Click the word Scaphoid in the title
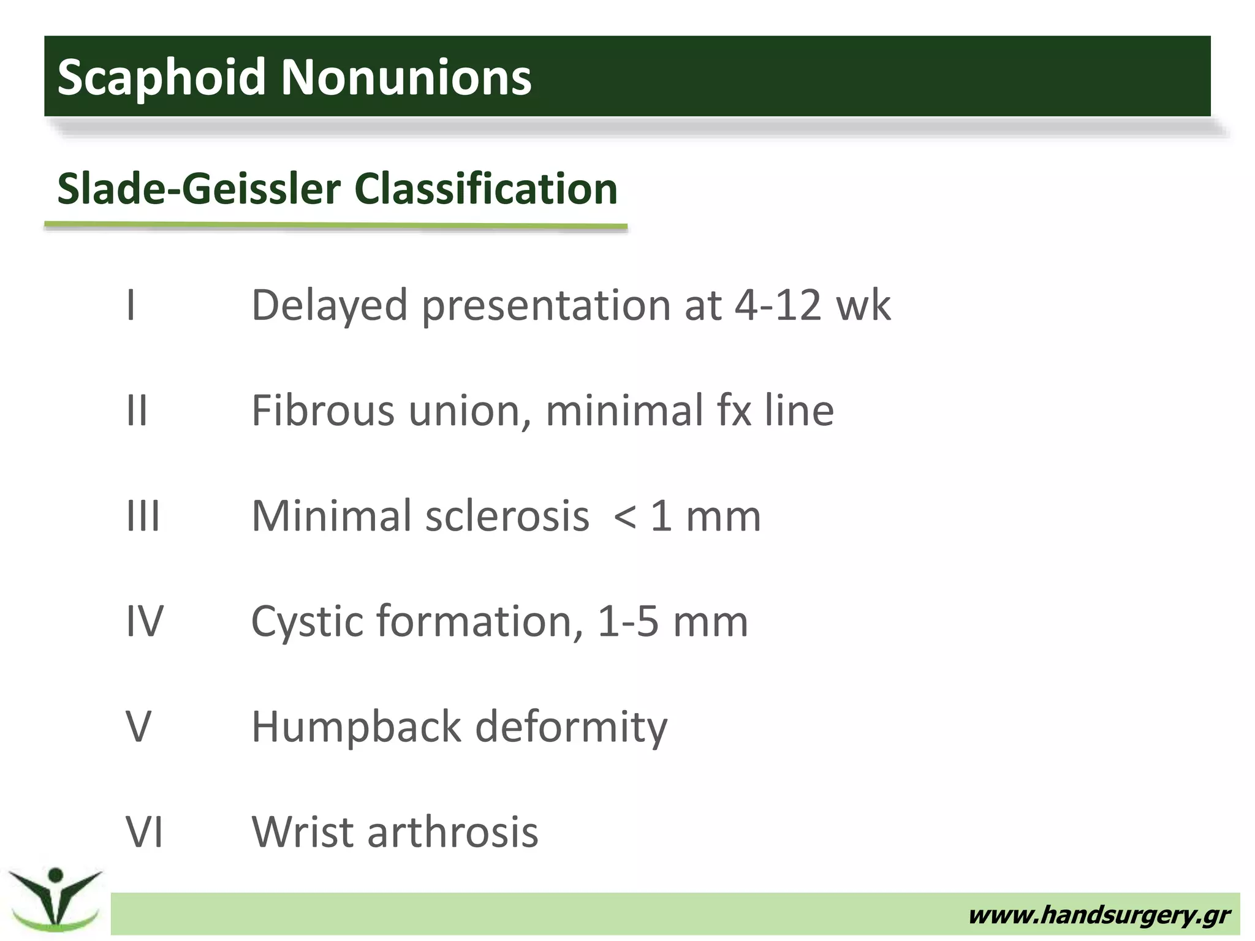tap(161, 77)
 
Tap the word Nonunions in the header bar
tap(406, 77)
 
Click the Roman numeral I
tap(131, 304)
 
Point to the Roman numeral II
tap(137, 410)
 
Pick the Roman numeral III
tap(143, 515)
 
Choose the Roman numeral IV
tap(145, 621)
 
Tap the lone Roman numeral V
tap(138, 726)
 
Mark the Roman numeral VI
tap(145, 831)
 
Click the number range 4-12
tap(777, 304)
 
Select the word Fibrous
tap(323, 410)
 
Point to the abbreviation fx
tap(734, 410)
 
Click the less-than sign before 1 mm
tap(624, 516)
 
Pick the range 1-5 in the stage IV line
tap(627, 621)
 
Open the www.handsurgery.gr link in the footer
tap(1098, 915)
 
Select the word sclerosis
tap(506, 515)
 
